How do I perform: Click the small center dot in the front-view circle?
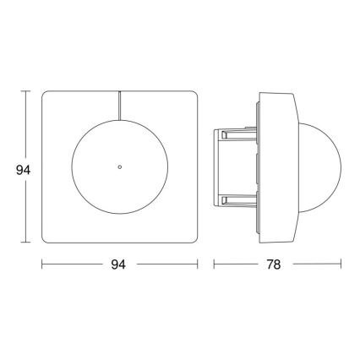[120, 167]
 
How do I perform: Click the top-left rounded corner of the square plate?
[46, 94]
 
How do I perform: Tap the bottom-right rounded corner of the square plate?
[194, 242]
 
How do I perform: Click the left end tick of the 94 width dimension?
[42, 265]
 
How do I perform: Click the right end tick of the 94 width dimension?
[199, 265]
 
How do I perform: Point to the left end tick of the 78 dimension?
[214, 265]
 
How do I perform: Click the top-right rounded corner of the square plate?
[194, 94]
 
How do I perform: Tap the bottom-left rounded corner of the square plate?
[46, 242]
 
